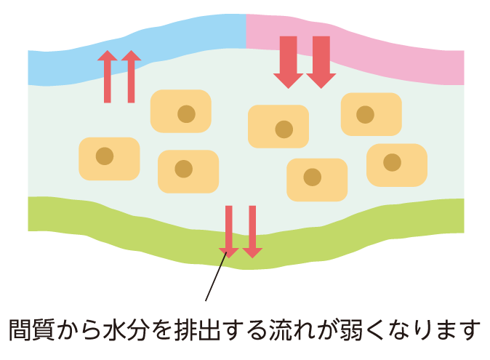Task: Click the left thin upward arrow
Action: point(108,76)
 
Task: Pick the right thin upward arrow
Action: point(131,76)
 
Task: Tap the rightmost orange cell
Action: point(396,164)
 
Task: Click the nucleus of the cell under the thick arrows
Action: point(284,129)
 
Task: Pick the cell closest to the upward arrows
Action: point(181,111)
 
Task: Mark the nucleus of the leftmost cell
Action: point(105,156)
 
